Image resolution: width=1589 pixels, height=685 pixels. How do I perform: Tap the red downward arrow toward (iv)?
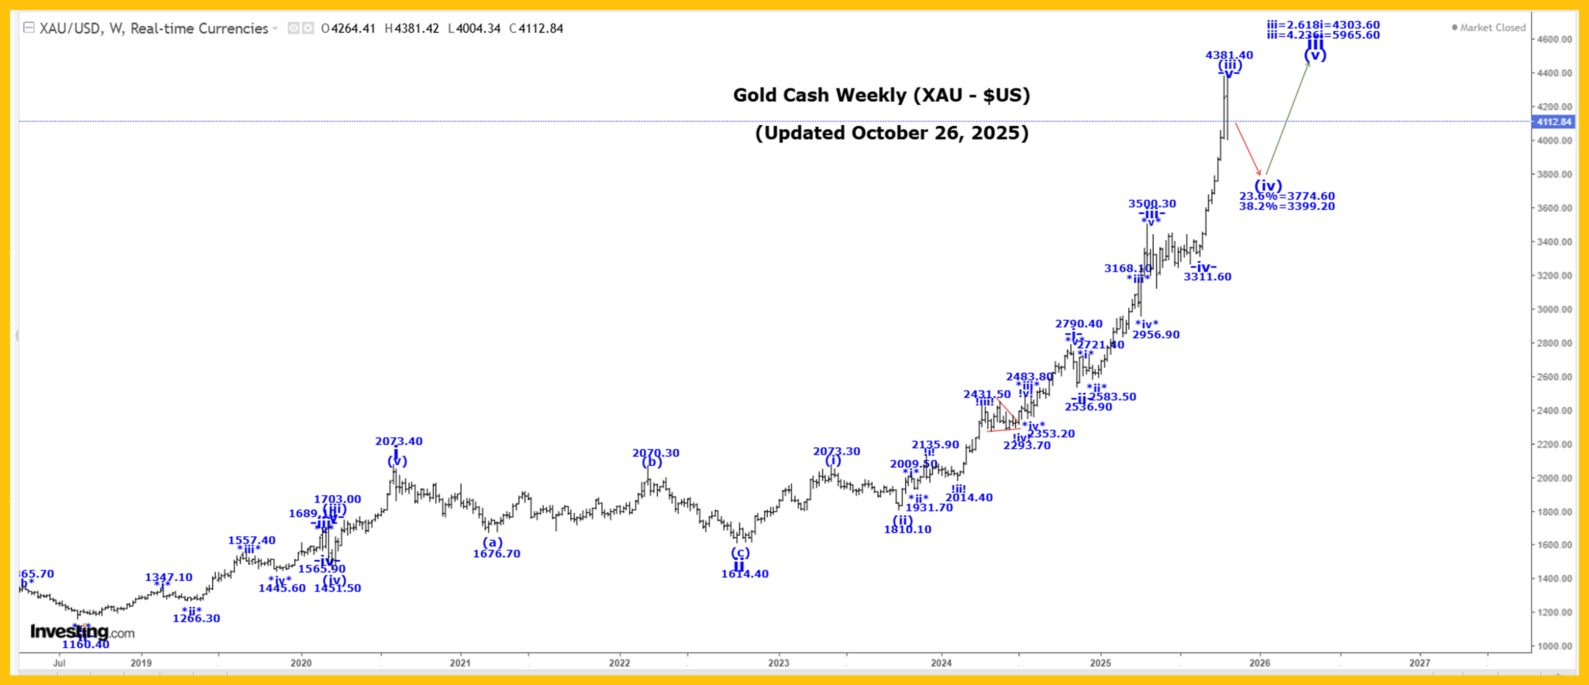1247,149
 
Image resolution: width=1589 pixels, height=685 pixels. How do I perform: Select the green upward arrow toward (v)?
1287,117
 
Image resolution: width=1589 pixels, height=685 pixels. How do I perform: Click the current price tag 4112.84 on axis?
1553,121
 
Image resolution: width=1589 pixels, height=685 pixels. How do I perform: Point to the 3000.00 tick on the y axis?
1553,309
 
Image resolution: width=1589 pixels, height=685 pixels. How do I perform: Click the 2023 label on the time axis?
779,663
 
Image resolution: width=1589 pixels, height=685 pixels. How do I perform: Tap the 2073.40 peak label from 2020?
399,441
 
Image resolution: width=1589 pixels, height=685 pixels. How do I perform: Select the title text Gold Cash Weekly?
881,95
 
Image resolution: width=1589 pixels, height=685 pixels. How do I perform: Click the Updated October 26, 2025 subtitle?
892,133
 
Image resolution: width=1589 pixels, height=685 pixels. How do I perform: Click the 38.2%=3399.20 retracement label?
1287,206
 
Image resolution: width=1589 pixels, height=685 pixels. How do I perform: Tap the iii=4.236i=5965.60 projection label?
1323,35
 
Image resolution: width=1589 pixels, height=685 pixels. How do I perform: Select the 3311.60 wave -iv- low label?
1207,277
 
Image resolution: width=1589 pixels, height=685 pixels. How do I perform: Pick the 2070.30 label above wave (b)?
656,453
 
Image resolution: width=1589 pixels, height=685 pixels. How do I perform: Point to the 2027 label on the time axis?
1419,663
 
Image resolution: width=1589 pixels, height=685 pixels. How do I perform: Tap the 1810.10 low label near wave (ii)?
907,529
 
